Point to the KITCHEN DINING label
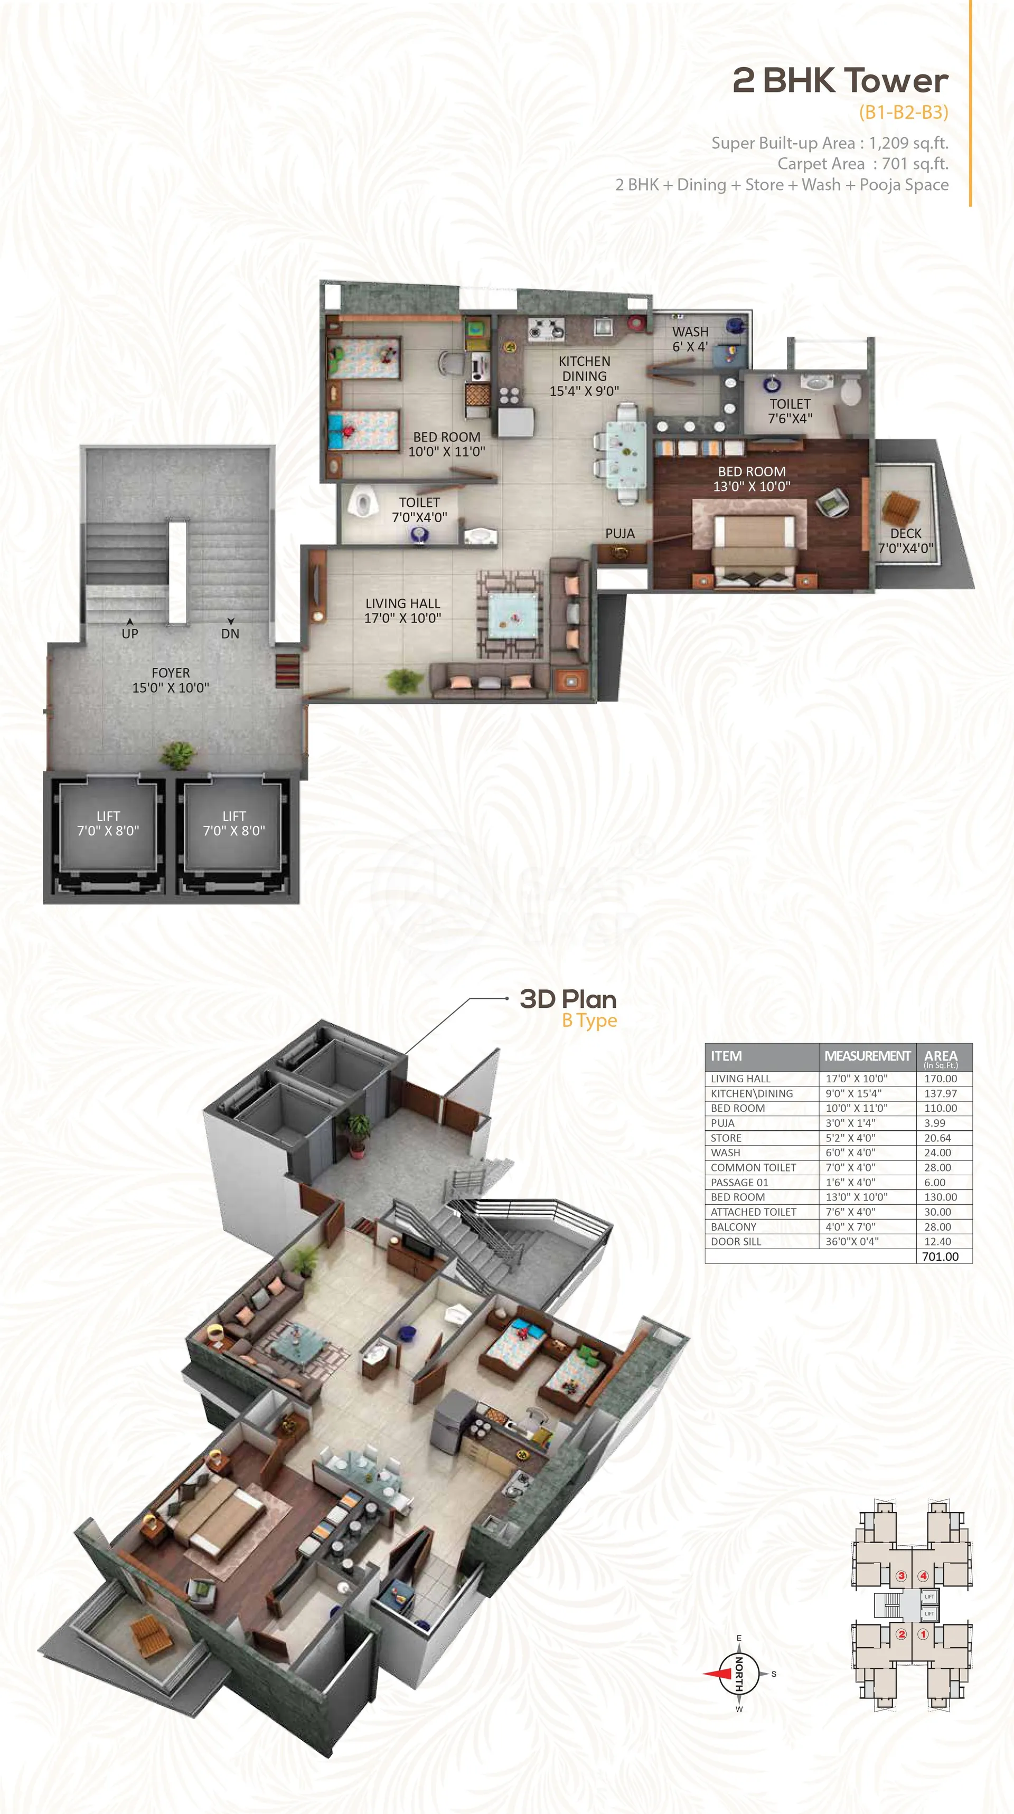584,376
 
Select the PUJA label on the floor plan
620,534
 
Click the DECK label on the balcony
906,534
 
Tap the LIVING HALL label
402,603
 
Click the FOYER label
171,673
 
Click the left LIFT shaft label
108,816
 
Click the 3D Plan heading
568,999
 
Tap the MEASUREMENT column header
867,1056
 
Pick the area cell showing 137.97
941,1093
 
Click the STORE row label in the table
726,1138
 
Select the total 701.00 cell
940,1256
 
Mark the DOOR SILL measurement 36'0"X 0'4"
852,1242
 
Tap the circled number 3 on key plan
900,1576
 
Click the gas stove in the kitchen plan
546,328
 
